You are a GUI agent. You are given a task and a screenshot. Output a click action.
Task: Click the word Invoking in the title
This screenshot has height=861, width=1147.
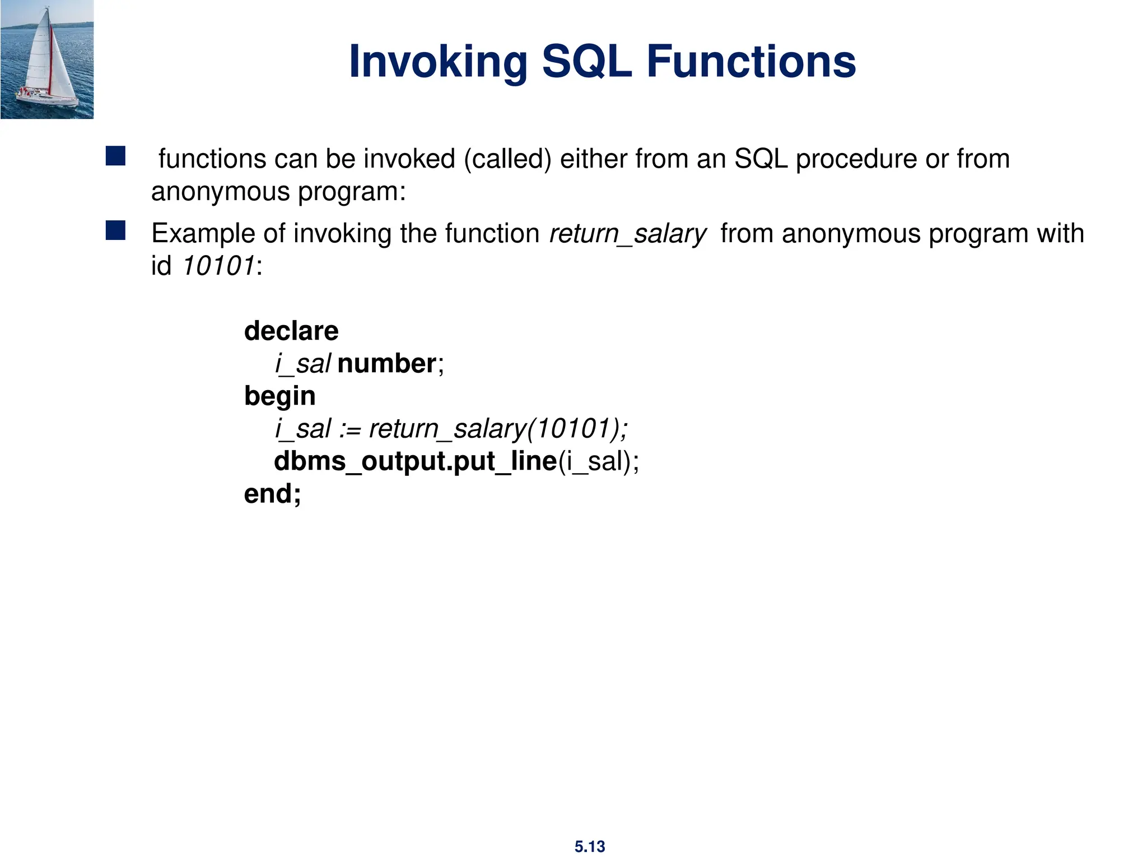[438, 62]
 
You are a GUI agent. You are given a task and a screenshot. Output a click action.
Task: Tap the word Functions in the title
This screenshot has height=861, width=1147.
[751, 62]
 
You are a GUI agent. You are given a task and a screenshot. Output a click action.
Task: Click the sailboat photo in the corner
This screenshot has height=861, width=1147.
[47, 59]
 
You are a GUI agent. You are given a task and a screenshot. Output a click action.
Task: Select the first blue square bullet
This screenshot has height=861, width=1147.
[115, 156]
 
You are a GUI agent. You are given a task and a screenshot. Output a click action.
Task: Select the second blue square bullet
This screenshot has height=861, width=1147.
[115, 230]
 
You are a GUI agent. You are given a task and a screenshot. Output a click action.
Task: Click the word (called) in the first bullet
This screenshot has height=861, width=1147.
[507, 159]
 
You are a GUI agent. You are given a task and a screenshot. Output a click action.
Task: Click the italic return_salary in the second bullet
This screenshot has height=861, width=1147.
[628, 233]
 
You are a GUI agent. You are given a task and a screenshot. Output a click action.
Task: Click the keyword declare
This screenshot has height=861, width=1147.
[291, 331]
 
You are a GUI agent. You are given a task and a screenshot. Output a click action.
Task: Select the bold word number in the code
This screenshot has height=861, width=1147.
[386, 363]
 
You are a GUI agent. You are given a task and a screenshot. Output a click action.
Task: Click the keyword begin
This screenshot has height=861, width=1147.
[280, 396]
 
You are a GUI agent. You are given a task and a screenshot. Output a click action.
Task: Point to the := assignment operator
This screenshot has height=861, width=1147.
[350, 429]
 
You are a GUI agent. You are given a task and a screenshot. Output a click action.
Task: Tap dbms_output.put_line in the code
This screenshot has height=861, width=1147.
[415, 461]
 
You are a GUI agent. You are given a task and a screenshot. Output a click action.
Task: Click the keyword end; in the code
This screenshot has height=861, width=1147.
[272, 494]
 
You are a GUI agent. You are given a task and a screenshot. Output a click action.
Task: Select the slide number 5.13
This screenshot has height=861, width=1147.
[590, 846]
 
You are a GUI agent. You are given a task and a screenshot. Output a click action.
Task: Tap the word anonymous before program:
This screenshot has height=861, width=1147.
[220, 192]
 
